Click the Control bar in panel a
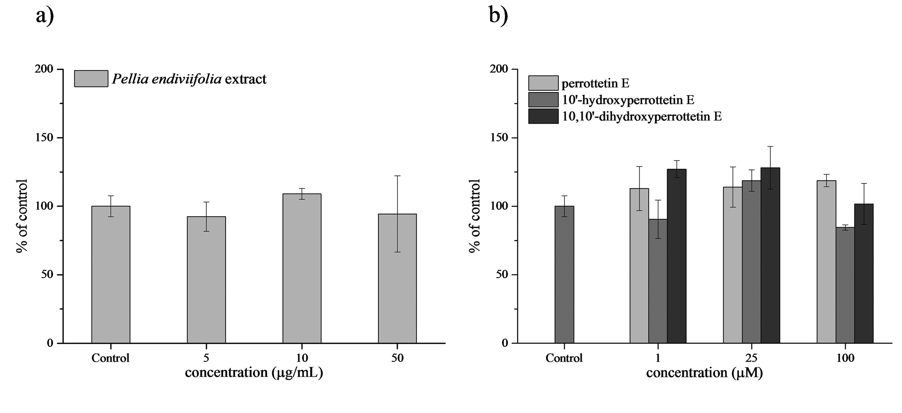click(x=111, y=275)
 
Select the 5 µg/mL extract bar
click(x=206, y=280)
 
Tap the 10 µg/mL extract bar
click(x=302, y=268)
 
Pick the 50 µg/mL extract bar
click(x=397, y=278)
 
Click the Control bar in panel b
click(x=564, y=275)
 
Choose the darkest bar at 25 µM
click(x=770, y=255)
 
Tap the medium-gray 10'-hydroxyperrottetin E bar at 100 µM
click(x=845, y=285)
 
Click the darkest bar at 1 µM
click(x=676, y=256)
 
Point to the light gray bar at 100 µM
click(x=826, y=262)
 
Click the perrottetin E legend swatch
click(x=543, y=83)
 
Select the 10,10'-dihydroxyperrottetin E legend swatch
click(x=543, y=116)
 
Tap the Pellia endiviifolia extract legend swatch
click(x=91, y=79)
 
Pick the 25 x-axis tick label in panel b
click(x=752, y=358)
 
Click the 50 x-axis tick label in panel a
click(x=397, y=358)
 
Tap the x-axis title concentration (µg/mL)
click(x=254, y=373)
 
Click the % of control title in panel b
click(x=475, y=216)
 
